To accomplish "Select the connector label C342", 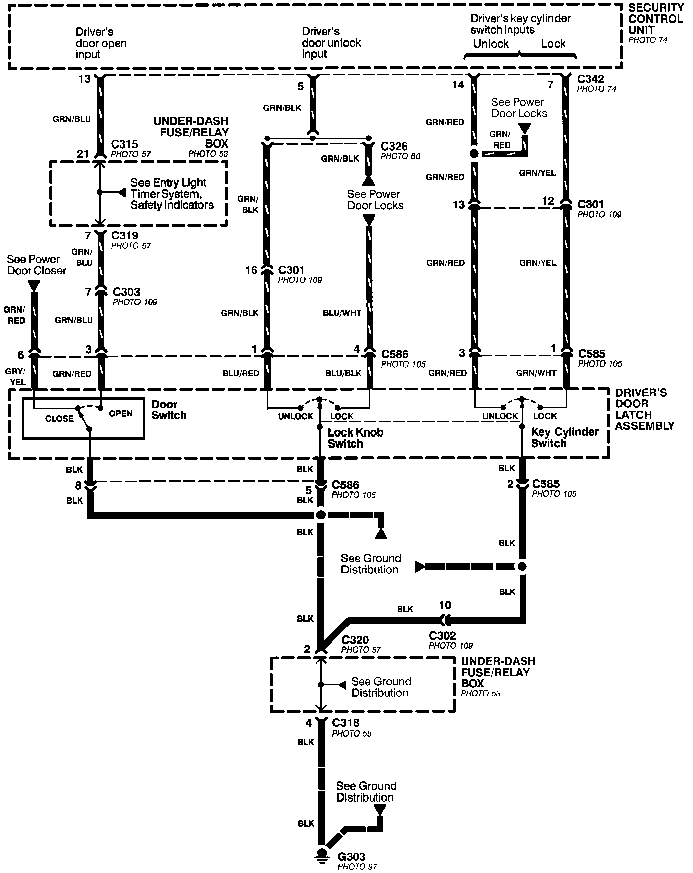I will tap(591, 79).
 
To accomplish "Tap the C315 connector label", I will tap(124, 144).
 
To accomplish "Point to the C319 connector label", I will tap(125, 235).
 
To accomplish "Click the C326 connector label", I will tap(394, 147).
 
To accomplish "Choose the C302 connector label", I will tap(443, 636).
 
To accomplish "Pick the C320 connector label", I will tap(355, 640).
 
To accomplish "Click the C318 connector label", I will tap(345, 723).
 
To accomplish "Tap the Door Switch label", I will tap(169, 410).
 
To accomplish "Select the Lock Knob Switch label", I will tap(355, 438).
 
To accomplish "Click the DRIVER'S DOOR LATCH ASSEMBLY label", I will tap(644, 409).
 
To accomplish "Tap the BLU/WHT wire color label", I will tap(341, 313).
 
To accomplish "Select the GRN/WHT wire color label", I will tap(536, 373).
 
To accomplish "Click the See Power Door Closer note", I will tap(36, 265).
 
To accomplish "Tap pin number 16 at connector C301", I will tap(251, 270).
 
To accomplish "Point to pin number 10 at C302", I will tap(445, 605).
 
